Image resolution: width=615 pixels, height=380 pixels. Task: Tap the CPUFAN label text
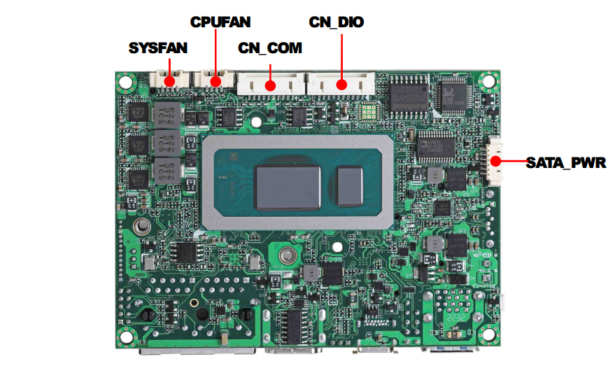pyautogui.click(x=220, y=22)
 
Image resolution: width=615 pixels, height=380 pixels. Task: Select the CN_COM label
pyautogui.click(x=270, y=48)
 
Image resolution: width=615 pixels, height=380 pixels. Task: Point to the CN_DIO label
pyautogui.click(x=337, y=22)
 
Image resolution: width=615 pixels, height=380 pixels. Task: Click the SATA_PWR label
pyautogui.click(x=566, y=163)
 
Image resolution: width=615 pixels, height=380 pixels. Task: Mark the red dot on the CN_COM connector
pyautogui.click(x=270, y=85)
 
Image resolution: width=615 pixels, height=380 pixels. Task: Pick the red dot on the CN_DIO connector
pyautogui.click(x=341, y=85)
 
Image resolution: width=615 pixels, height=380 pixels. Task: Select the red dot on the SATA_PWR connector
pyautogui.click(x=495, y=161)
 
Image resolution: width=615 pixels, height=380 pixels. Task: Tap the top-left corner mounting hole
pyautogui.click(x=126, y=82)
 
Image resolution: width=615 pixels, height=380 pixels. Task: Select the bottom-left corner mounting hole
pyautogui.click(x=126, y=336)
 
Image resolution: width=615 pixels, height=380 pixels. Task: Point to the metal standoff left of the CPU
pyautogui.click(x=142, y=226)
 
